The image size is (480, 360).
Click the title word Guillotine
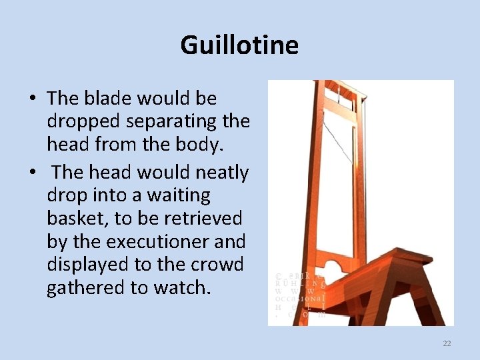[239, 45]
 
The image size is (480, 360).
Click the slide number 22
[447, 343]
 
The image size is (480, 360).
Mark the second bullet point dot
[32, 173]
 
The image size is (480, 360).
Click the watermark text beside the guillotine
[300, 293]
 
